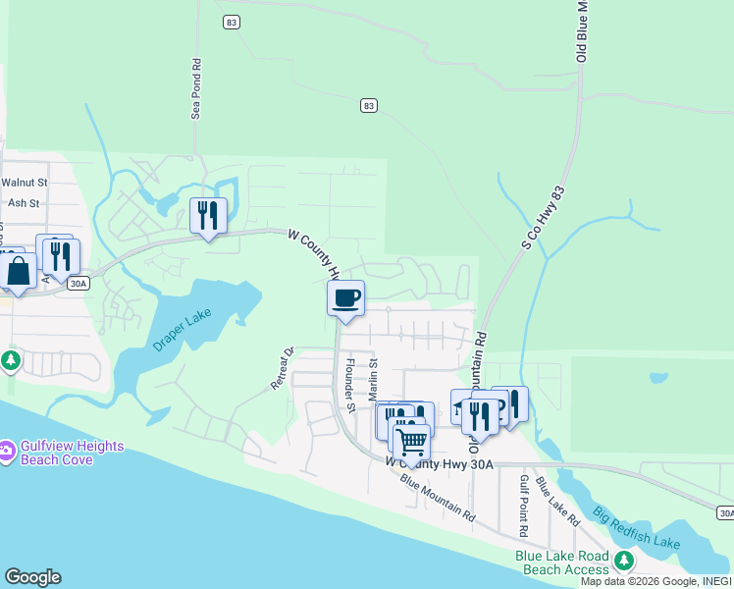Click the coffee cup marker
pos(345,297)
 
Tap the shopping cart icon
pos(411,441)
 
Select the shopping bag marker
pos(18,271)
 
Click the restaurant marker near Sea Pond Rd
pos(208,215)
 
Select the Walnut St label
pos(24,183)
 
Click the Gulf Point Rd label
pos(524,505)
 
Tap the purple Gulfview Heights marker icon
pos(8,453)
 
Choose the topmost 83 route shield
pos(231,22)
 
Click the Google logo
pos(32,577)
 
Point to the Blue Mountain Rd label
pos(439,499)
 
